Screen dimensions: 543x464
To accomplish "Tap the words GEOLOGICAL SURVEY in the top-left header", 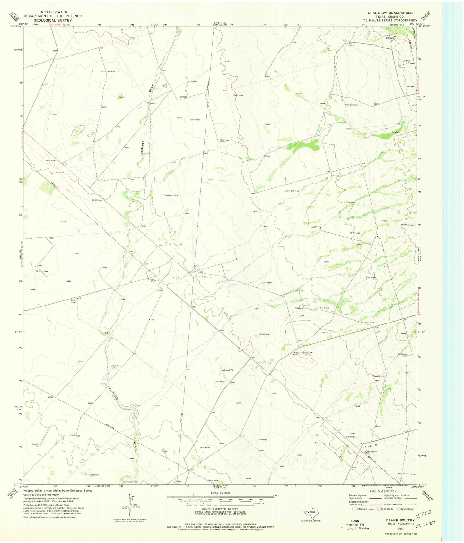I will click(x=53, y=20).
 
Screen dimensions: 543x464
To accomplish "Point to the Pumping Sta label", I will click(x=351, y=437).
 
